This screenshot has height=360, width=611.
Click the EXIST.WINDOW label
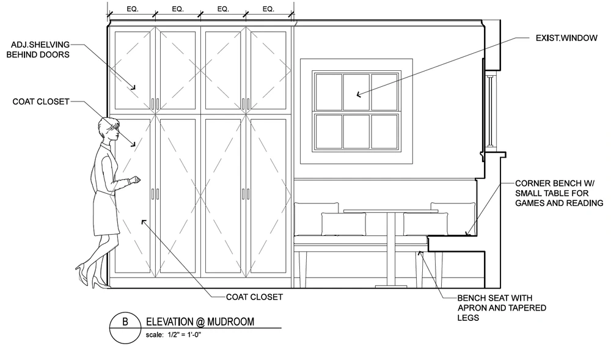(x=566, y=38)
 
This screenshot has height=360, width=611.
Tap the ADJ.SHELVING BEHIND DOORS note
(x=38, y=50)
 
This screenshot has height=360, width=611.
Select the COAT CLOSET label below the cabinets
(x=254, y=297)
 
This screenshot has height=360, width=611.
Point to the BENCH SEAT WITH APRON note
(x=502, y=308)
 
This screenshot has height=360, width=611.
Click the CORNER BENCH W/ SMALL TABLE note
(x=559, y=193)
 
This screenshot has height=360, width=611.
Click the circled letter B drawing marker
(x=125, y=328)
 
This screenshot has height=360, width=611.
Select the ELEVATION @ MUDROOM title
(x=200, y=322)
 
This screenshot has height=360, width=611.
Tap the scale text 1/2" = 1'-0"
(x=174, y=335)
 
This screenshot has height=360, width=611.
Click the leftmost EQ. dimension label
(x=133, y=9)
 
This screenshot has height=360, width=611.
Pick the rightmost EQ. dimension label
(x=268, y=9)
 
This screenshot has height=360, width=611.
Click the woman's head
(x=109, y=130)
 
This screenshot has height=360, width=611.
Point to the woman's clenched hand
(x=135, y=180)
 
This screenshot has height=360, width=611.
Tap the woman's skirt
(x=106, y=213)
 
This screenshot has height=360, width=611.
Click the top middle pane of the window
(x=356, y=92)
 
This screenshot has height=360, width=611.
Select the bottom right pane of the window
(x=384, y=131)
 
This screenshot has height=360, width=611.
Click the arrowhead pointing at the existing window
(x=359, y=94)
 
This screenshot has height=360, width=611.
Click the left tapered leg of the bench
(x=303, y=270)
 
